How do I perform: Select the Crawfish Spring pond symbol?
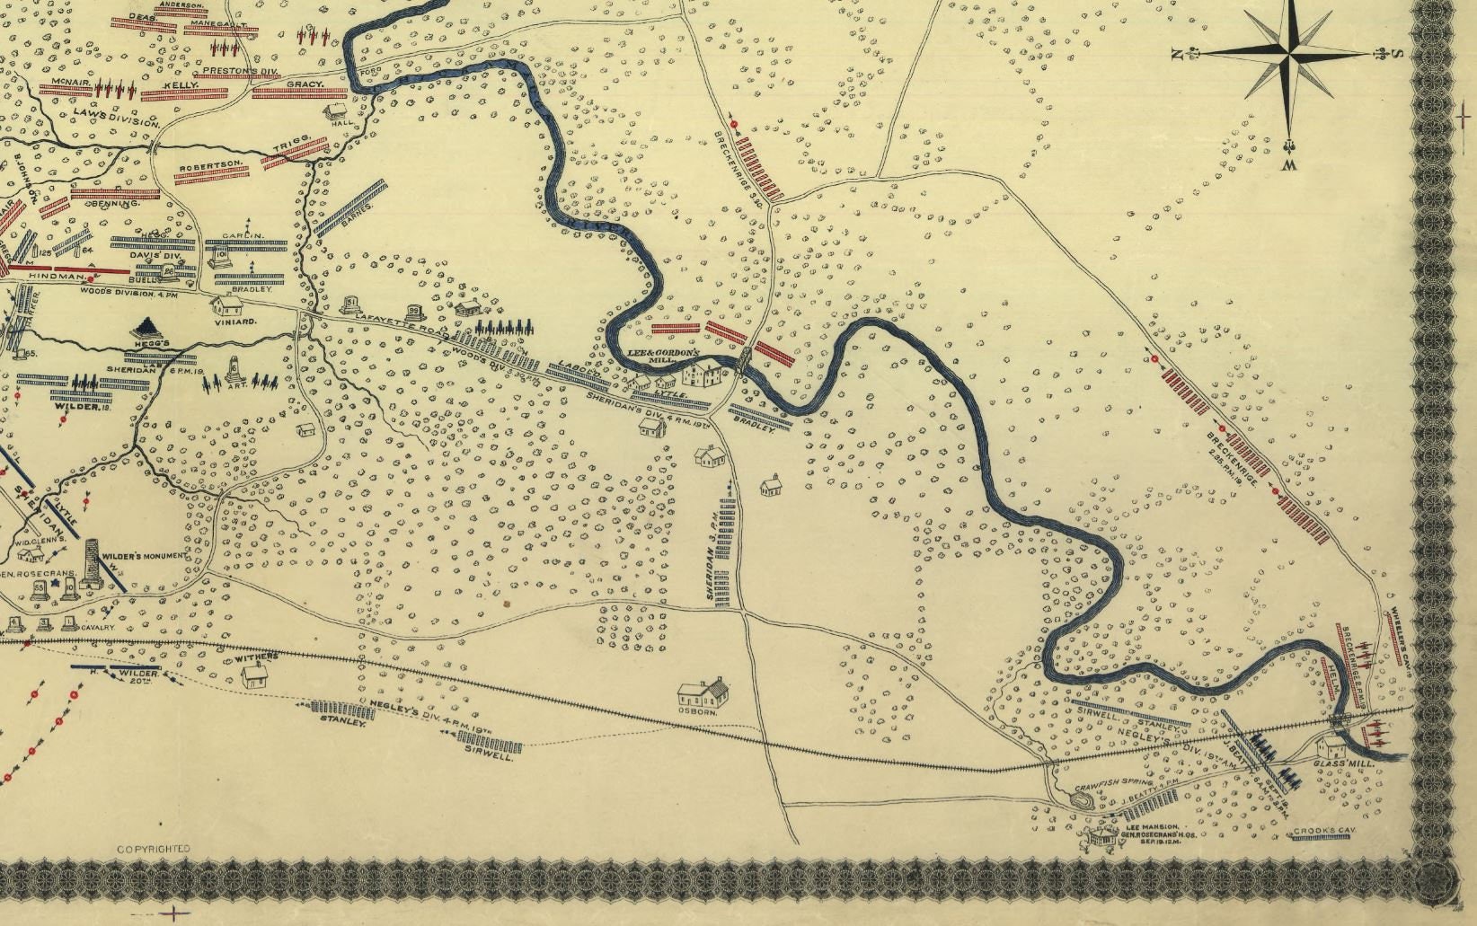[x=1084, y=799]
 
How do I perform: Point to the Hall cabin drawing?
[x=337, y=111]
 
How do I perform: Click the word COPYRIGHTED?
[x=154, y=848]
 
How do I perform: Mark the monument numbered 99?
[x=414, y=312]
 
